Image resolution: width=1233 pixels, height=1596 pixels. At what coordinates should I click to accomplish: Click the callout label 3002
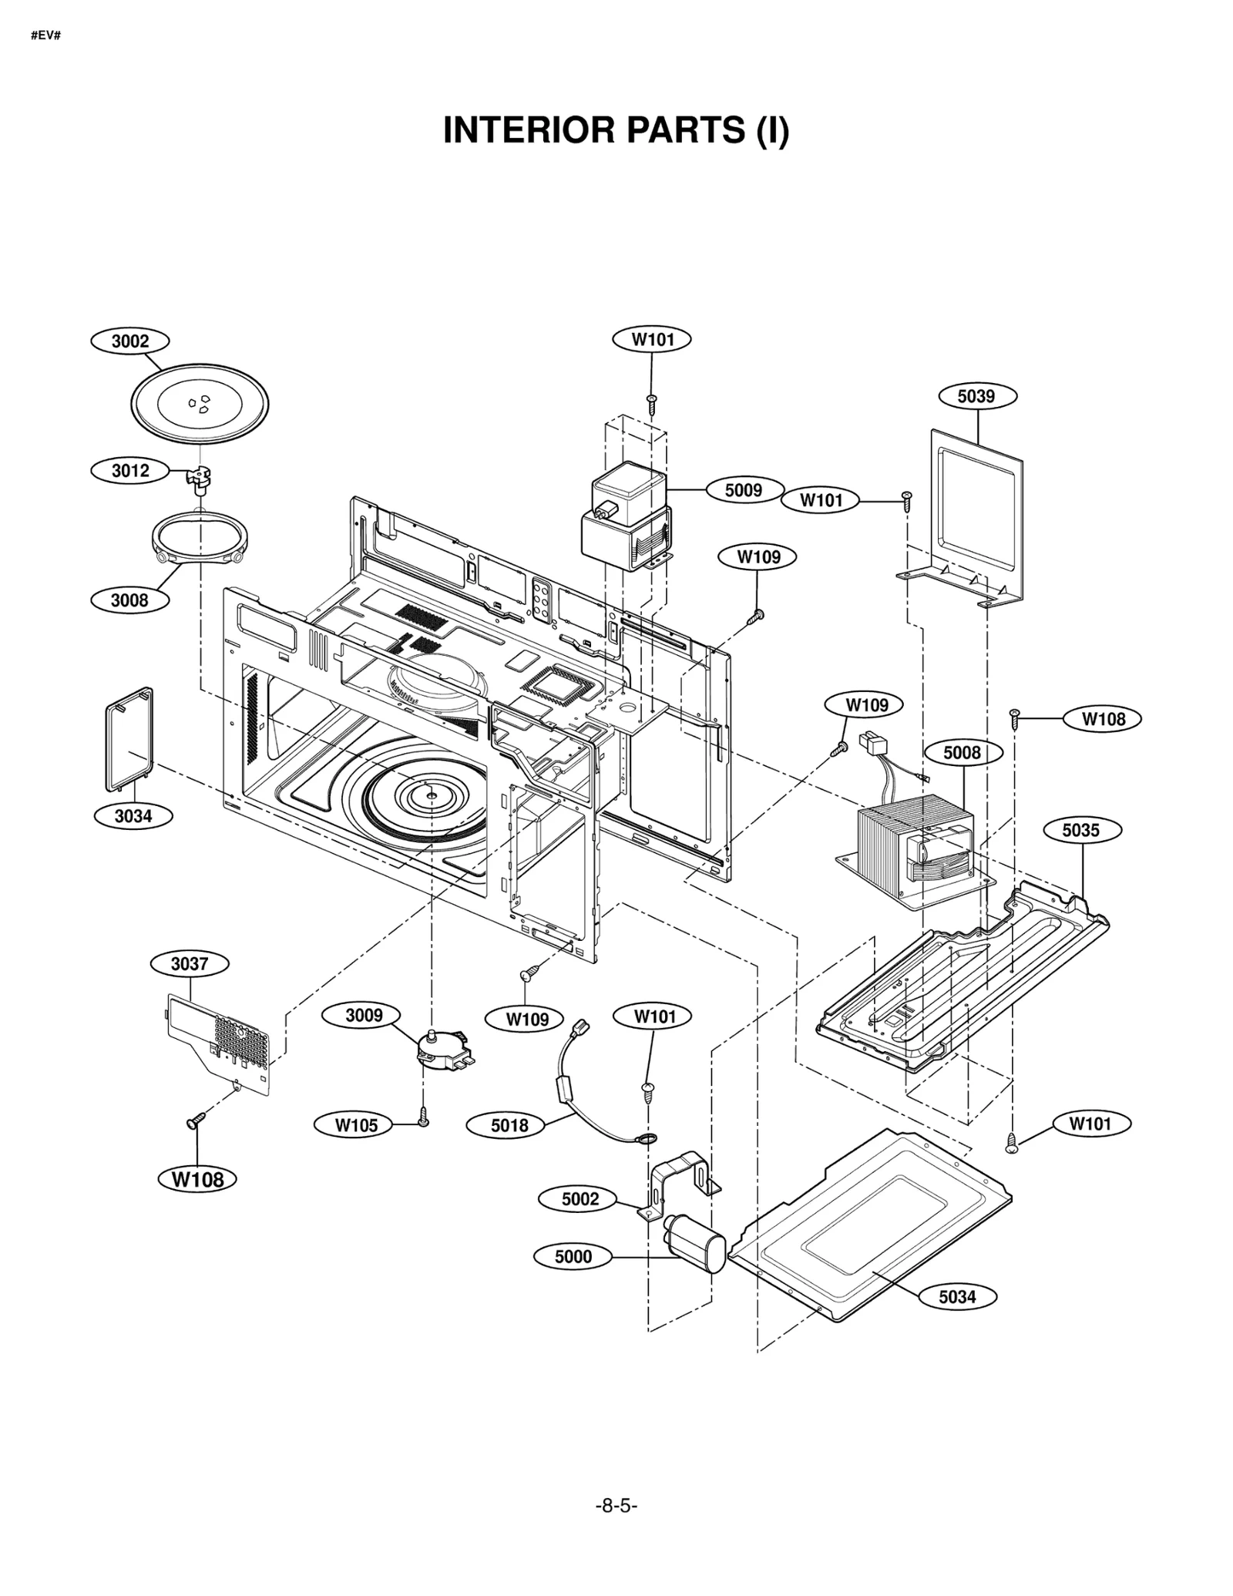point(129,341)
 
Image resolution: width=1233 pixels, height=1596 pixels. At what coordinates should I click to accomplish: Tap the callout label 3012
point(129,470)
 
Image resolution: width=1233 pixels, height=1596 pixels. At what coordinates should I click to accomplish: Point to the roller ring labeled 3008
point(200,537)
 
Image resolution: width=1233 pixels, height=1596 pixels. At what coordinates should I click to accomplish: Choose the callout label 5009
point(743,490)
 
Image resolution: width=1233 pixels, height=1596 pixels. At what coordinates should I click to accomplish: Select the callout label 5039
point(976,396)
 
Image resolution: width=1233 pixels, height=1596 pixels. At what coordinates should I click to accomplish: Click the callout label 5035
point(1081,830)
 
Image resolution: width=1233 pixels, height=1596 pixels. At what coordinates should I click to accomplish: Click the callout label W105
point(355,1125)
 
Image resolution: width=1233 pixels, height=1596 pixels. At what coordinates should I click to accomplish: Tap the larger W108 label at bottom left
point(197,1179)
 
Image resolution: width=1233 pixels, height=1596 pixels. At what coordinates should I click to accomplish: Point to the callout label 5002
point(580,1198)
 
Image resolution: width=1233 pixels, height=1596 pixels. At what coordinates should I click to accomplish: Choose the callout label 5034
point(957,1297)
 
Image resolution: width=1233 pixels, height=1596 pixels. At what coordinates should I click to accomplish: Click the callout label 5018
point(509,1125)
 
